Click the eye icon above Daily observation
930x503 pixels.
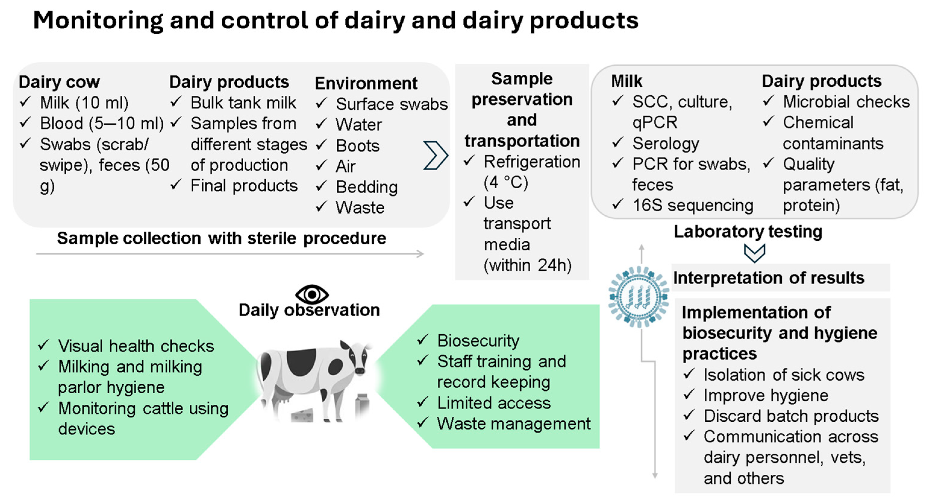pyautogui.click(x=312, y=294)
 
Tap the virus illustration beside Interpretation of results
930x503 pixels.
pyautogui.click(x=639, y=297)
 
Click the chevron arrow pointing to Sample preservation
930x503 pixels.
pyautogui.click(x=435, y=155)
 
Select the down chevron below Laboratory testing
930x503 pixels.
pyautogui.click(x=754, y=253)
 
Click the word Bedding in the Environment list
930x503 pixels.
pyautogui.click(x=367, y=187)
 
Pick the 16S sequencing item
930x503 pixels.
pyautogui.click(x=693, y=205)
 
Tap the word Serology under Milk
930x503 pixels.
pyautogui.click(x=665, y=144)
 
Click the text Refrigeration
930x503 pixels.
pyautogui.click(x=532, y=162)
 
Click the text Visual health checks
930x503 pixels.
pyautogui.click(x=136, y=346)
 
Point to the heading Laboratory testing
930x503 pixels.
pyautogui.click(x=748, y=231)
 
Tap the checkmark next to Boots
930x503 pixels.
pyautogui.click(x=321, y=145)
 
